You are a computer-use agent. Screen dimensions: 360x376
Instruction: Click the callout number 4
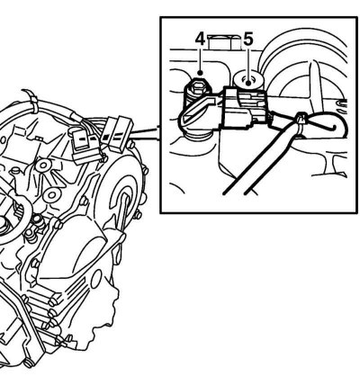pyautogui.click(x=200, y=39)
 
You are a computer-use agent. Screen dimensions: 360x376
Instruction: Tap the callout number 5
pyautogui.click(x=247, y=39)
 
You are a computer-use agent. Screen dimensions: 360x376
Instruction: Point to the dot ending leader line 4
pyautogui.click(x=200, y=72)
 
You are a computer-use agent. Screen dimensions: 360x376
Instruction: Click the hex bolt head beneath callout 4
pyautogui.click(x=198, y=87)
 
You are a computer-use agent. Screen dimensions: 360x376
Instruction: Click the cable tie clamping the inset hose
pyautogui.click(x=301, y=122)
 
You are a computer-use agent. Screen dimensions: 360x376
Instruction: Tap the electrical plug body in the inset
pyautogui.click(x=243, y=109)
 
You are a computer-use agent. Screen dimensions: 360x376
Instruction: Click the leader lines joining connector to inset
pyautogui.click(x=145, y=134)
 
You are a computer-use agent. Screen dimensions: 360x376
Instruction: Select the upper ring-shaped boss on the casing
pyautogui.click(x=44, y=165)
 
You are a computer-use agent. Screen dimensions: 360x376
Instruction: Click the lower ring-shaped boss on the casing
pyautogui.click(x=52, y=195)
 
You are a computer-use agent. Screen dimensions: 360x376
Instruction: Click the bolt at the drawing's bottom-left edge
pyautogui.click(x=29, y=363)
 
